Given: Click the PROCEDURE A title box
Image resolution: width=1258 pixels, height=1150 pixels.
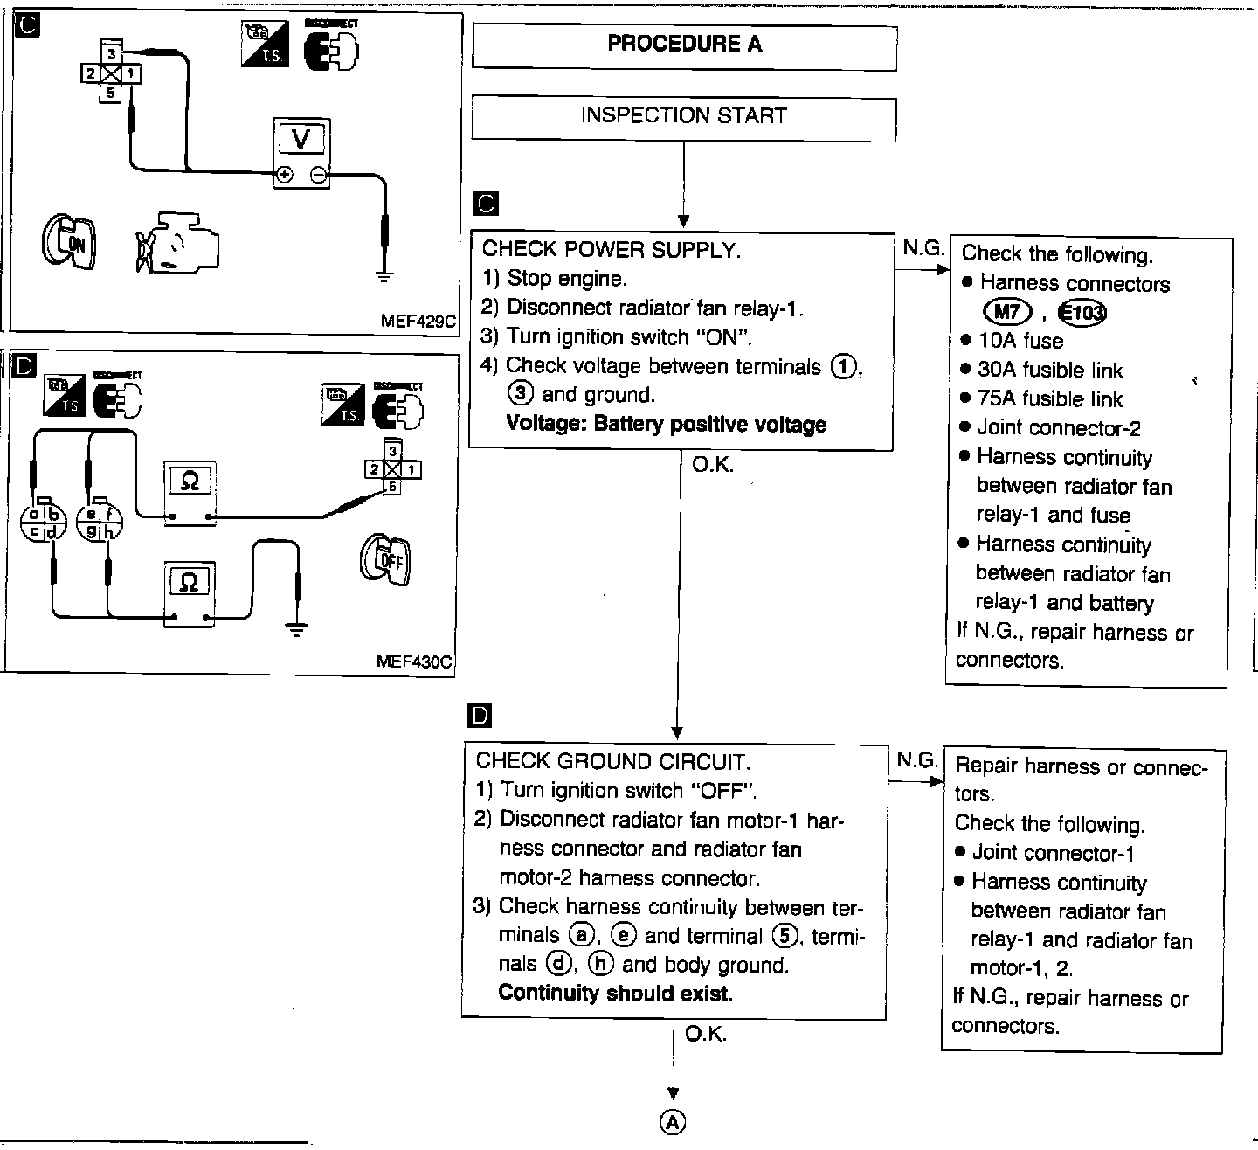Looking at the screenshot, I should (684, 45).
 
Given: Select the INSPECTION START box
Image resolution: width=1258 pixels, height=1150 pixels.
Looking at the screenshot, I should (684, 116).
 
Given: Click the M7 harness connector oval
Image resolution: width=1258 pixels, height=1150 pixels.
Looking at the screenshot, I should (1007, 311).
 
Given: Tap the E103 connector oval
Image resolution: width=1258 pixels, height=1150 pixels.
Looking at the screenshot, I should (1082, 312).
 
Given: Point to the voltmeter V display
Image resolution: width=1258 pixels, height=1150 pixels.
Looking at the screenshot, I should (301, 138).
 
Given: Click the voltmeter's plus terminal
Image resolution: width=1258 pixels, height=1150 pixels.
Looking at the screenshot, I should (284, 176).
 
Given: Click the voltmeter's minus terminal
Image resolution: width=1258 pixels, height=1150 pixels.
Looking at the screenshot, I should (319, 176).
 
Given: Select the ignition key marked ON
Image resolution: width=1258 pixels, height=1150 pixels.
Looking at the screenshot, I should (69, 238).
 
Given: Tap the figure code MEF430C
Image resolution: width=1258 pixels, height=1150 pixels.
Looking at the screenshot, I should (414, 661).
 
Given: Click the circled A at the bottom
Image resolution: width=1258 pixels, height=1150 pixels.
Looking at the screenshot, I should (673, 1123).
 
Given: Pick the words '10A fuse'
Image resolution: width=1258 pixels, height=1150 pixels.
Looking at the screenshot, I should (1020, 341).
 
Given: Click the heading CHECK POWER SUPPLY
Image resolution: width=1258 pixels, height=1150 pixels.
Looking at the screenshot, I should (612, 250).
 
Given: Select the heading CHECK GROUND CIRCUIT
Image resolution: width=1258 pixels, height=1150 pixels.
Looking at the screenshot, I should (613, 761).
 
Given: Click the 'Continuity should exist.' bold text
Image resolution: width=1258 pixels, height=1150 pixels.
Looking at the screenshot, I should (615, 994).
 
